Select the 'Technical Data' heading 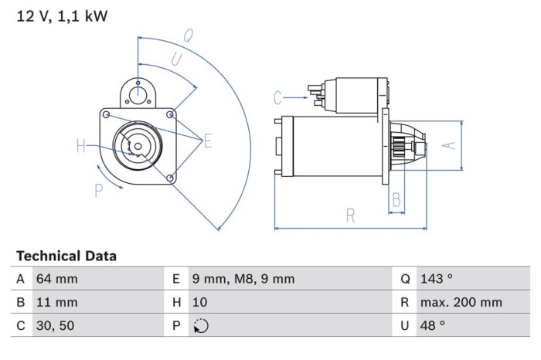coord(66,256)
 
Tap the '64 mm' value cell coord(57,279)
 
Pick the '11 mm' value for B coord(56,303)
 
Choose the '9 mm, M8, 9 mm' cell coord(243,279)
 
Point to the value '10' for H coord(200,303)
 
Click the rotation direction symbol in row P coord(200,326)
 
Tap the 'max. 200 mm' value coord(461,303)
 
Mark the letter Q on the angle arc coord(188,34)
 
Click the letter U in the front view coord(176,59)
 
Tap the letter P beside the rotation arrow coord(99,190)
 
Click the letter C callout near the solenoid coord(278,97)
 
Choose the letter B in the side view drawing coord(396,200)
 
